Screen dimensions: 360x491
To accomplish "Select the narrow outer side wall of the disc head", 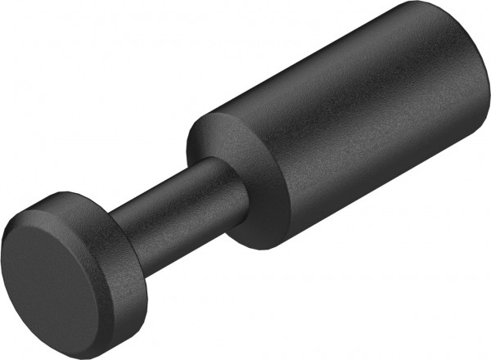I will [x=119, y=295].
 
